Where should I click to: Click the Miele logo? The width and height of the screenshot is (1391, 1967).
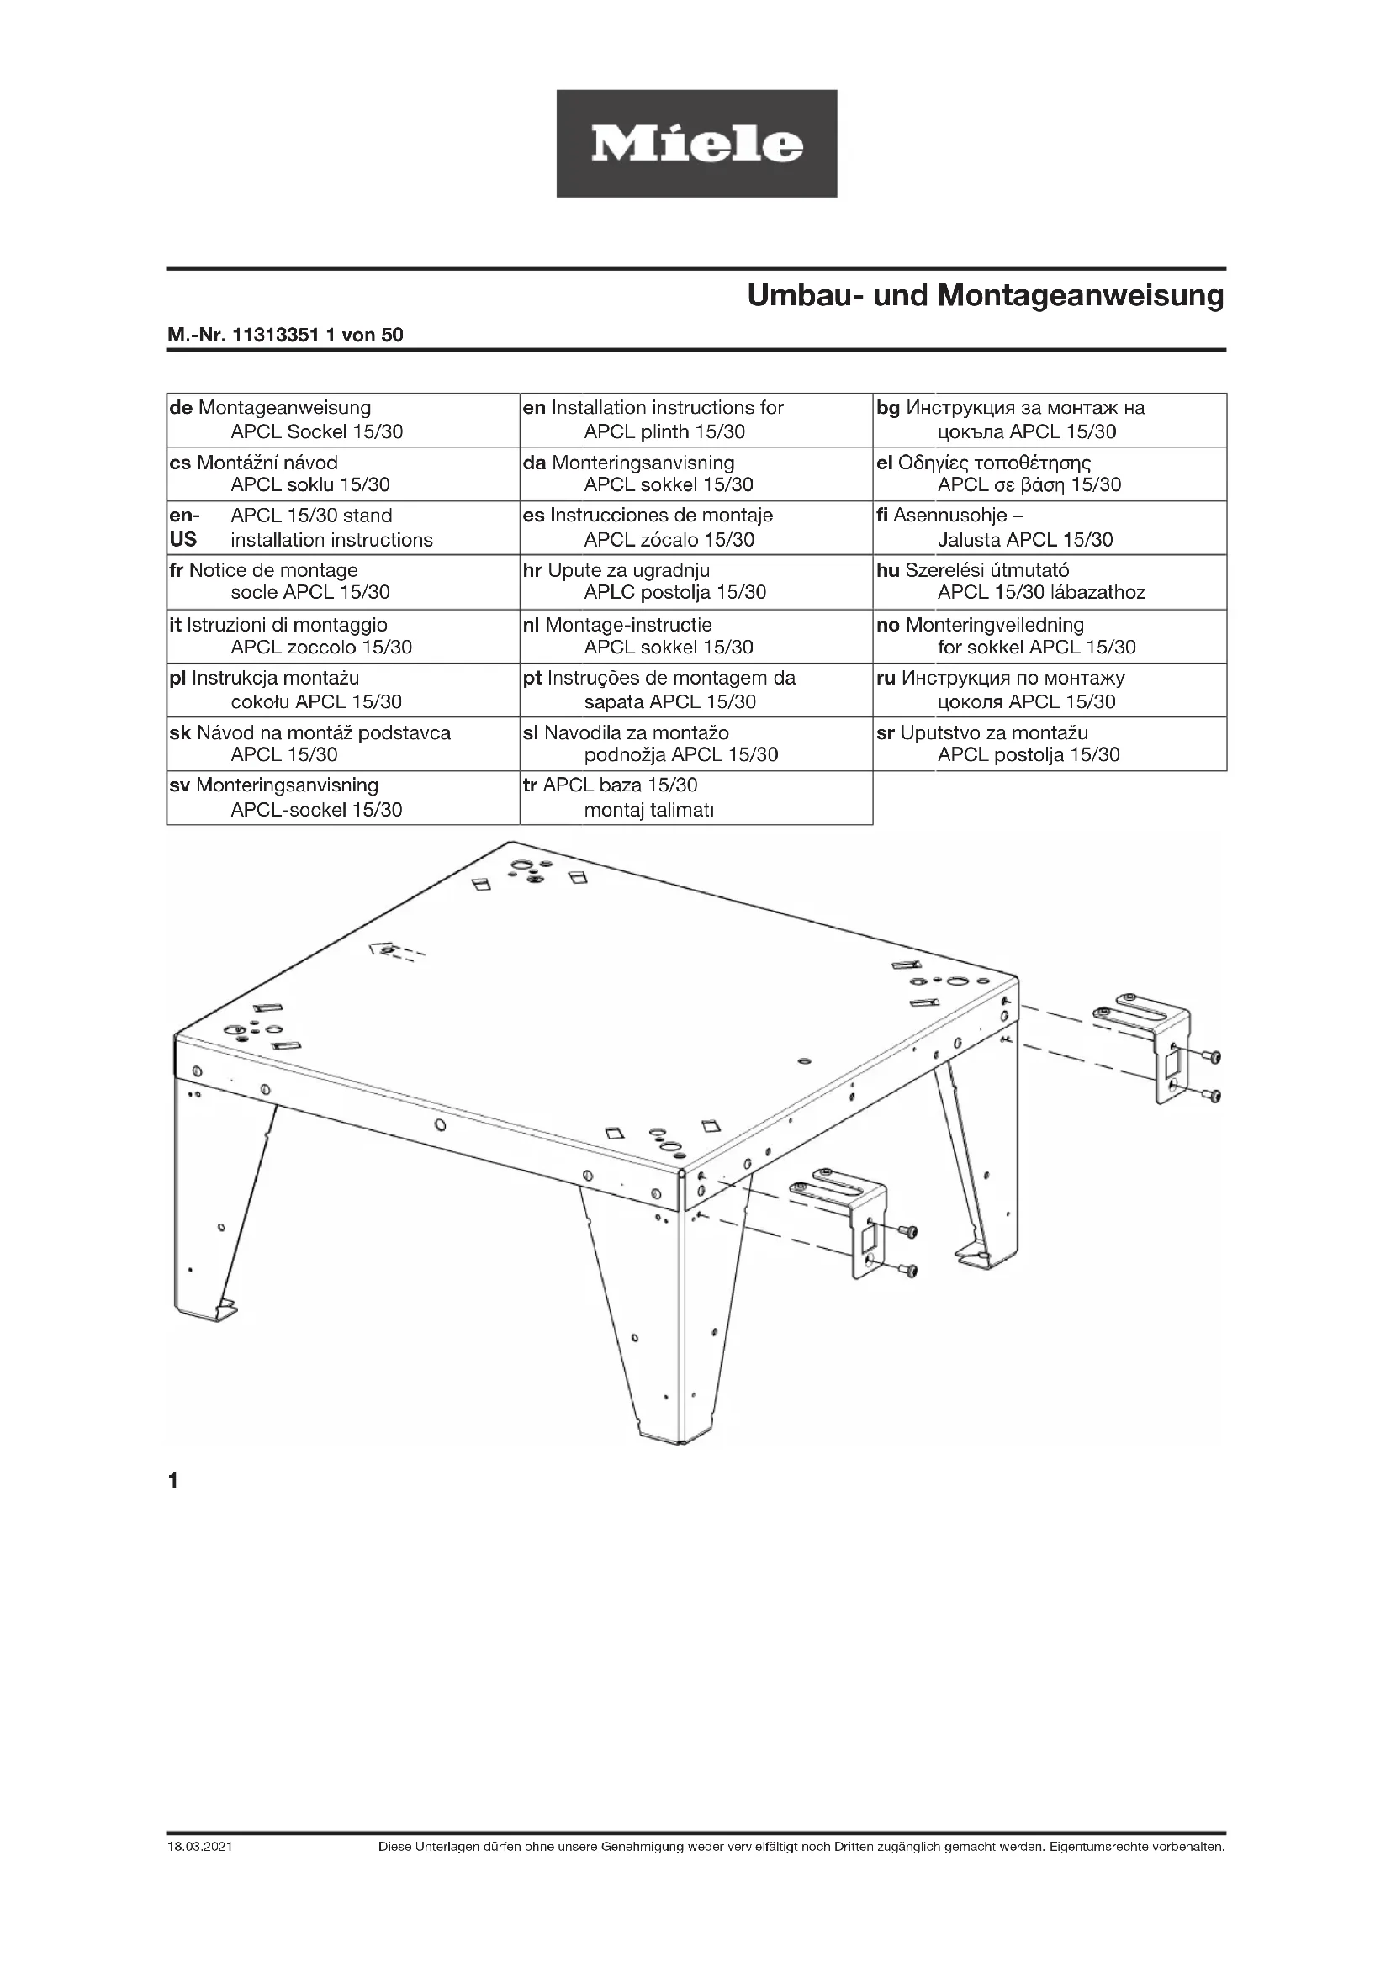point(696,144)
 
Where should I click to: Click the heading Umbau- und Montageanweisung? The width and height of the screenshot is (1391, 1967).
point(985,295)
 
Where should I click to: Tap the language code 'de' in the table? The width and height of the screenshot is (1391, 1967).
point(181,408)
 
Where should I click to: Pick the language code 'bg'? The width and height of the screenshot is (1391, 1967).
point(888,408)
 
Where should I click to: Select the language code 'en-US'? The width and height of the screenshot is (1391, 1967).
point(183,527)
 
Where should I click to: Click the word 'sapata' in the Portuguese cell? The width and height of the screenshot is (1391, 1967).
point(613,702)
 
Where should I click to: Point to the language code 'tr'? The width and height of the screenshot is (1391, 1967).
point(530,785)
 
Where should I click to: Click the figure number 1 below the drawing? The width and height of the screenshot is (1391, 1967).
point(174,1480)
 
